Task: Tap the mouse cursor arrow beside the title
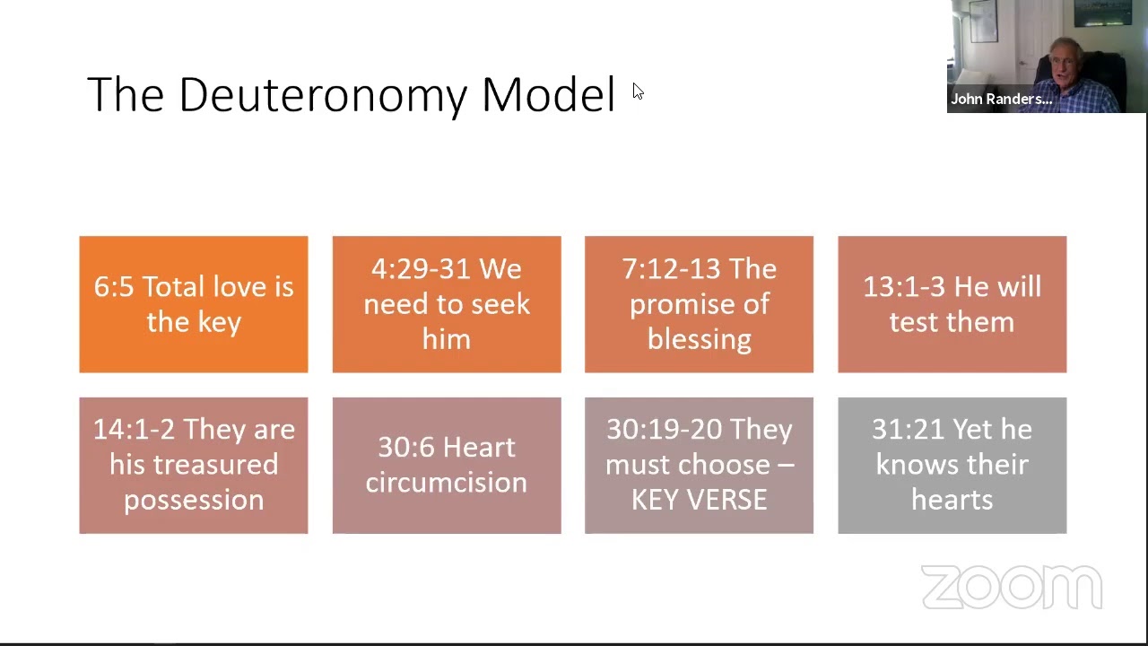pos(638,92)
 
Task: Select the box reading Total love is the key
pos(194,304)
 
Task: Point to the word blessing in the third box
pos(699,339)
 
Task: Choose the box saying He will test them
pos(952,304)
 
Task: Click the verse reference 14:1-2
pos(134,430)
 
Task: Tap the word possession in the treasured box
pos(194,500)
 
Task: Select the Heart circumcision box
pos(446,465)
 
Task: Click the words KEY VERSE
pos(699,500)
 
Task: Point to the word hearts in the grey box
pos(952,500)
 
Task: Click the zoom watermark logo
pos(1011,588)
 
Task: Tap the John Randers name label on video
pos(1001,100)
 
